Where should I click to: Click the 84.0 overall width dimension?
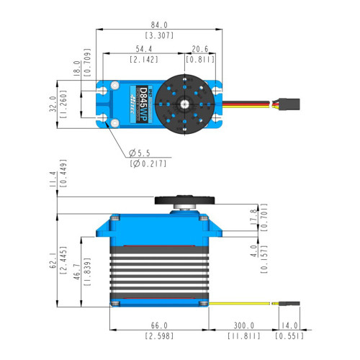point(161,23)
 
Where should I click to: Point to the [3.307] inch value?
point(161,35)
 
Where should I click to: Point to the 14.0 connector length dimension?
point(289,325)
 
